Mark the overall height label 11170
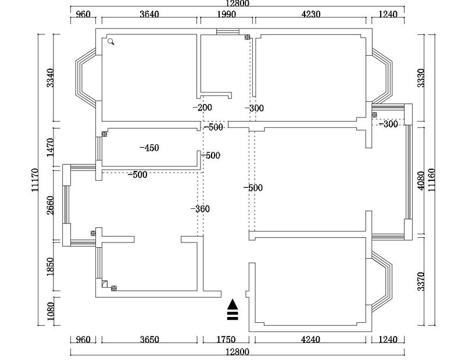pyautogui.click(x=35, y=180)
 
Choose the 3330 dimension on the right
pyautogui.click(x=421, y=78)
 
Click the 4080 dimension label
pyautogui.click(x=421, y=181)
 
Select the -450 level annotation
pyautogui.click(x=149, y=148)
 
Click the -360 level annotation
pyautogui.click(x=200, y=209)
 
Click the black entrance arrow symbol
pyautogui.click(x=233, y=311)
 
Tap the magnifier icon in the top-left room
pyautogui.click(x=111, y=41)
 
